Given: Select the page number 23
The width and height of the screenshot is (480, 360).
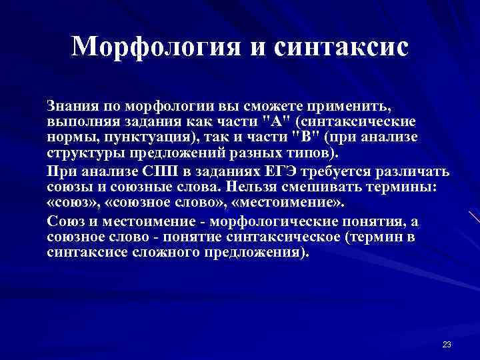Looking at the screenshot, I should (447, 344).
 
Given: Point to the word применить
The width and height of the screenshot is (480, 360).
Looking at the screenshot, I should (347, 106).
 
